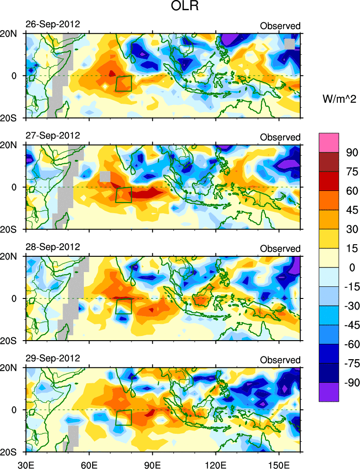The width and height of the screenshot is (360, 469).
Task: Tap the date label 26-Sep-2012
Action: click(x=53, y=24)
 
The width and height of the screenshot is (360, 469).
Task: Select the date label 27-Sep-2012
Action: click(x=53, y=135)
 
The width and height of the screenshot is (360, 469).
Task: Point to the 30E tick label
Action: click(x=25, y=462)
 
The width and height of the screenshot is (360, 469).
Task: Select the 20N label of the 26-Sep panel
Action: click(x=11, y=33)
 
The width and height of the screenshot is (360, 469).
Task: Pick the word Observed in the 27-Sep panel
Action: click(x=280, y=137)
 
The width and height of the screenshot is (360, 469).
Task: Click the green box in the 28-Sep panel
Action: click(x=124, y=306)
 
